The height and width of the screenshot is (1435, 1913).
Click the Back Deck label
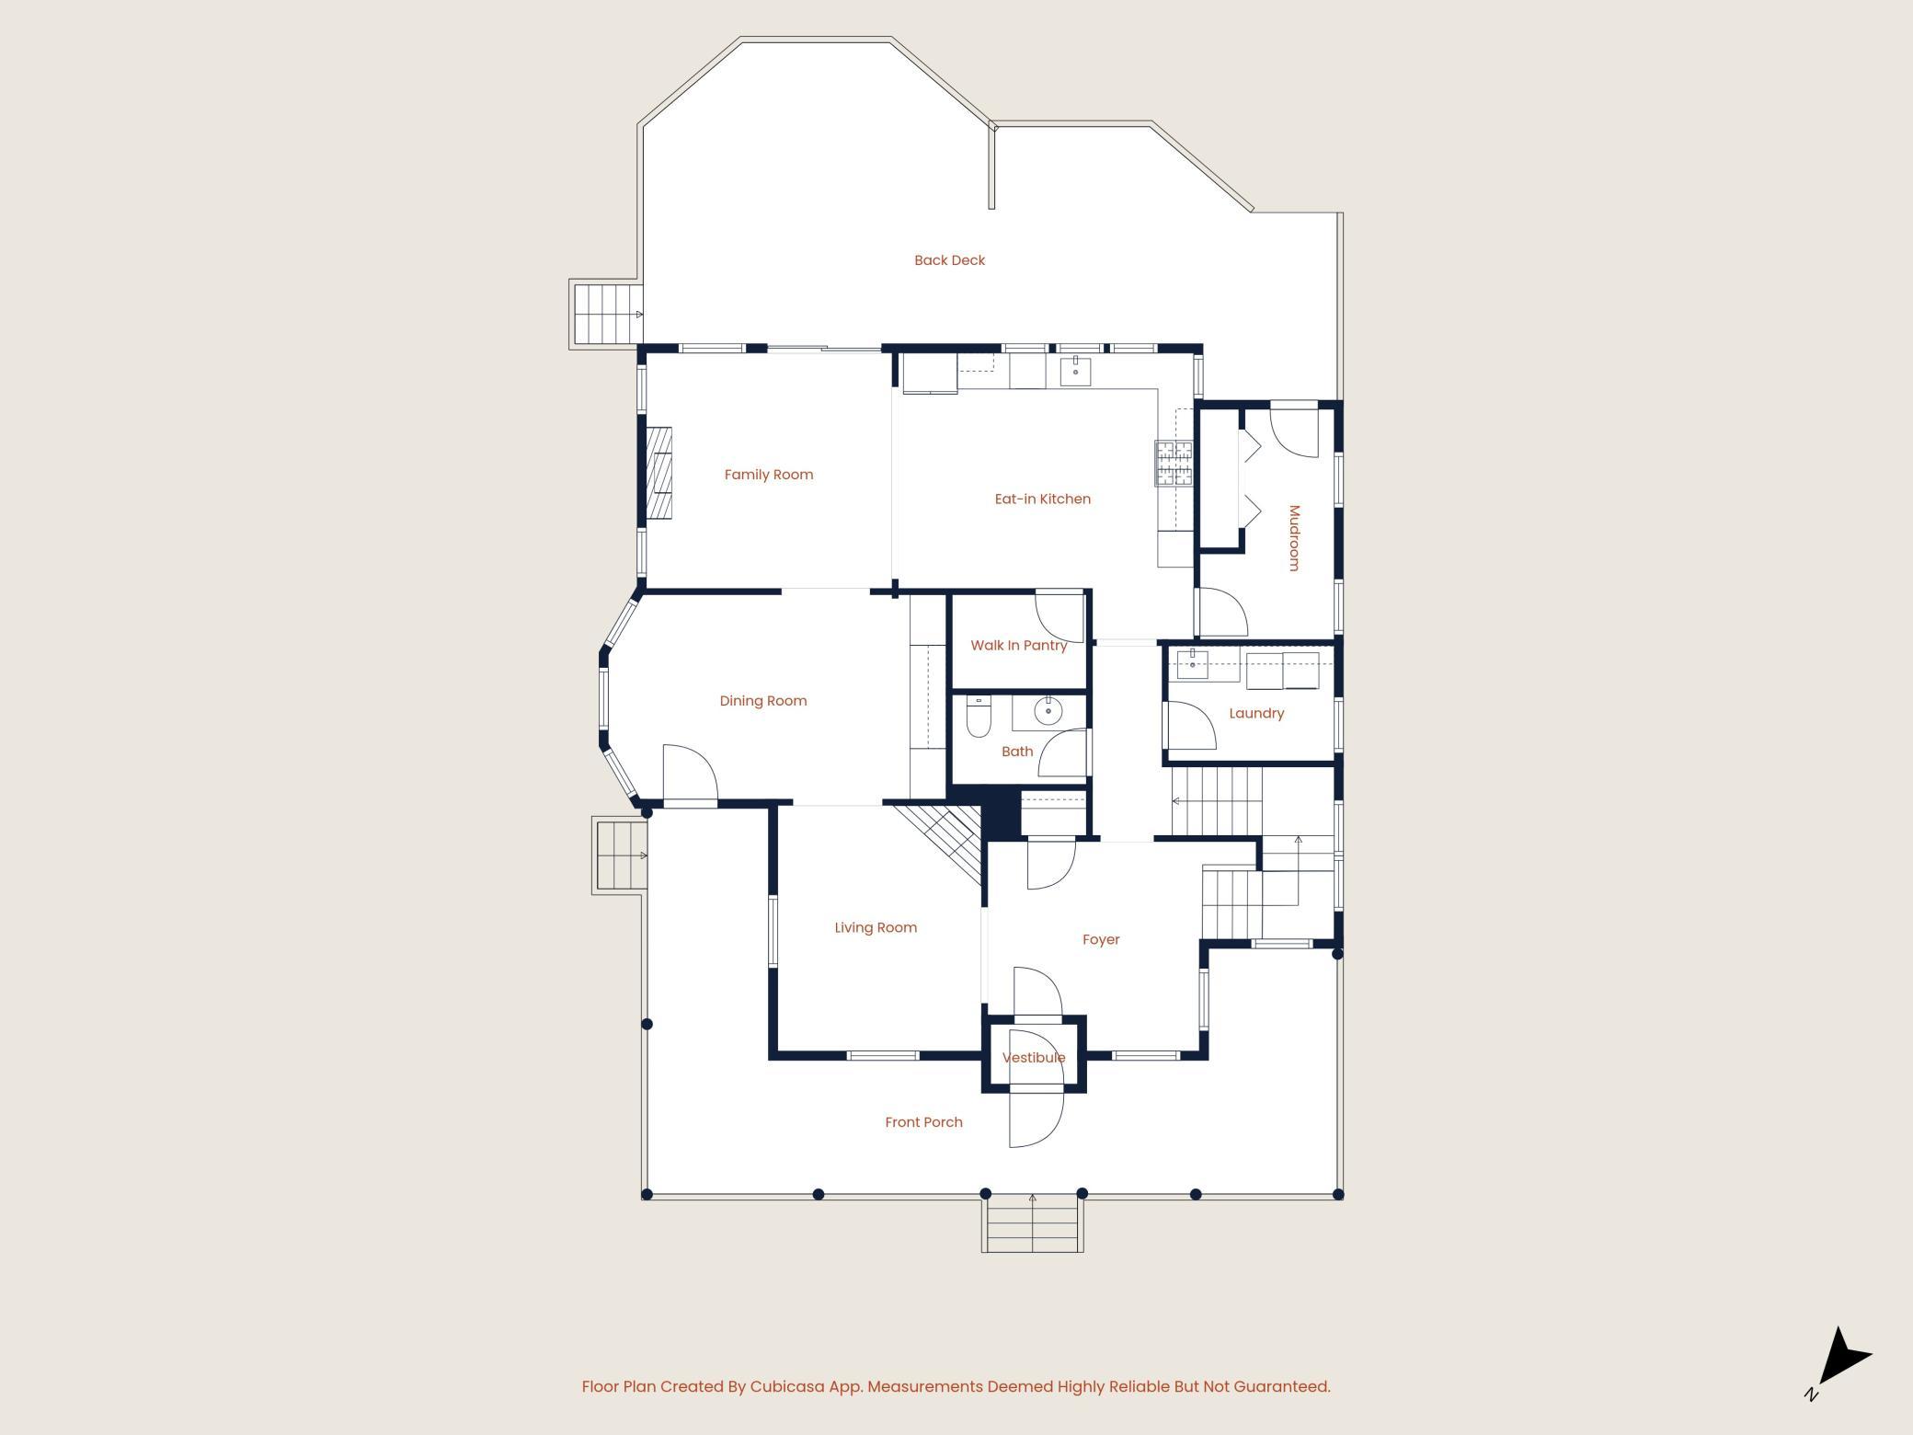click(949, 260)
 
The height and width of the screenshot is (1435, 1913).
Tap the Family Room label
click(769, 475)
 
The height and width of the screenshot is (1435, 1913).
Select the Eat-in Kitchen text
click(1043, 499)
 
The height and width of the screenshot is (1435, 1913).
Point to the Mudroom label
click(1294, 538)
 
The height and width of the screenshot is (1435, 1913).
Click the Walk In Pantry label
click(1019, 645)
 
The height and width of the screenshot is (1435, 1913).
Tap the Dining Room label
click(763, 701)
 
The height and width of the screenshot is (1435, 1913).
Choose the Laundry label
click(1256, 713)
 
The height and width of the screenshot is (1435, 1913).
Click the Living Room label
click(876, 927)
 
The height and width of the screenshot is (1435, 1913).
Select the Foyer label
click(1101, 939)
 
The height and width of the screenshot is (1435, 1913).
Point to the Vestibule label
click(1034, 1058)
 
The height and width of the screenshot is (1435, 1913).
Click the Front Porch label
click(923, 1122)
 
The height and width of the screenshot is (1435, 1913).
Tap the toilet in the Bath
click(979, 718)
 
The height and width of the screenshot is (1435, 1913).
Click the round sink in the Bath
click(1048, 710)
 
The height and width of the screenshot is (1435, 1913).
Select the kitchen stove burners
click(1174, 463)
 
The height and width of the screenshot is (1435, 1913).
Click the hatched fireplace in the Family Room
click(659, 473)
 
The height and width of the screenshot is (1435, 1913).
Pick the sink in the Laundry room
click(1192, 663)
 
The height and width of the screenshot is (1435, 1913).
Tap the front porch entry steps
click(1032, 1224)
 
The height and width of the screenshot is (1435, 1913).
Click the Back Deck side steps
click(605, 314)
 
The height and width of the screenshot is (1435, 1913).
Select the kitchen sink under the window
click(1075, 371)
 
